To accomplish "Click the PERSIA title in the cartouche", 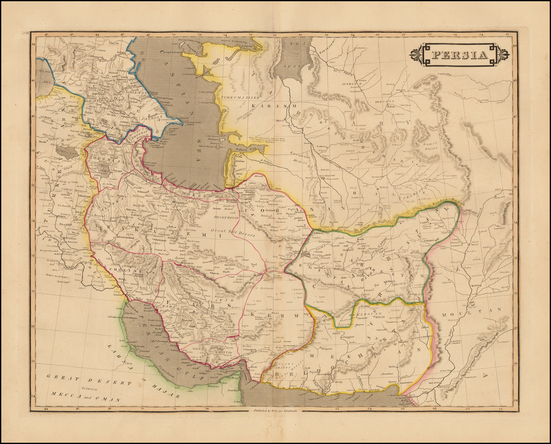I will pyautogui.click(x=460, y=54).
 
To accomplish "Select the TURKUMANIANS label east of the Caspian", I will pyautogui.click(x=239, y=98).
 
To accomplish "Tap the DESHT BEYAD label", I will pyautogui.click(x=225, y=217).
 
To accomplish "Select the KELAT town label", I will pyautogui.click(x=380, y=317).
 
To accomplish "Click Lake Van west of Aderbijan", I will pyautogui.click(x=67, y=152).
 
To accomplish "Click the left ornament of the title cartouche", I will pyautogui.click(x=415, y=54).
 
